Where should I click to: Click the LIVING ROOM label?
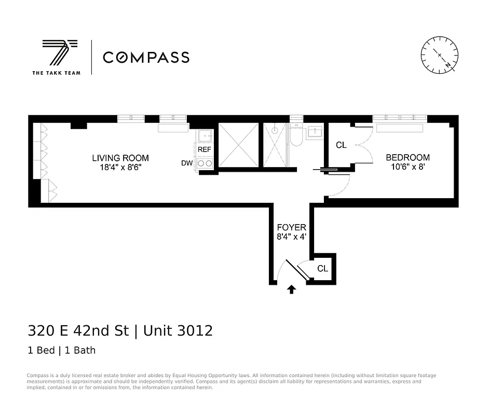[120, 158]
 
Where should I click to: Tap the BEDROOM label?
[407, 157]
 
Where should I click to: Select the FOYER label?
[291, 227]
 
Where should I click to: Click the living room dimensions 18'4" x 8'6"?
[120, 167]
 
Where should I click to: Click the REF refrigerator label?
[205, 149]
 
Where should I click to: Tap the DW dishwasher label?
[187, 163]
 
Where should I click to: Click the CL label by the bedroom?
[341, 145]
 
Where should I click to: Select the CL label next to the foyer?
[323, 268]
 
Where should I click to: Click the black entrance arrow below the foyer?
[291, 289]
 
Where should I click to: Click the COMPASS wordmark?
[146, 57]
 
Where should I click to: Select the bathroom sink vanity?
[315, 132]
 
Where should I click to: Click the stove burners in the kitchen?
[205, 163]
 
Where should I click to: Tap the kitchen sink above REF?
[205, 135]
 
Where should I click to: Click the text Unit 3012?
[178, 330]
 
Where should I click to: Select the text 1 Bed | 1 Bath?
[61, 350]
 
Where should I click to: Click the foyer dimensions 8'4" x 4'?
[291, 237]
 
